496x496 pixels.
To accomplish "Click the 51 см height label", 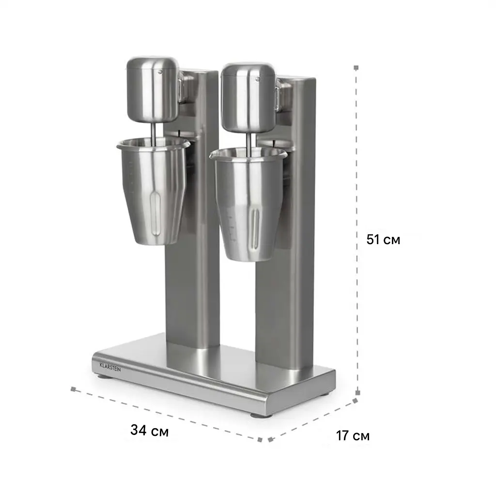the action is pos(383,239).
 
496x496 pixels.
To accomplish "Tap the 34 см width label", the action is pos(149,430).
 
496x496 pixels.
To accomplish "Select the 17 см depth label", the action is pos(353,435).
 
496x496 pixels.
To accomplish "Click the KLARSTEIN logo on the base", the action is pos(110,367).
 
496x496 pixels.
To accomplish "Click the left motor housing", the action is pos(153,90).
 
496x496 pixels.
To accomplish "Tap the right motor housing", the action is pos(248,97).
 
